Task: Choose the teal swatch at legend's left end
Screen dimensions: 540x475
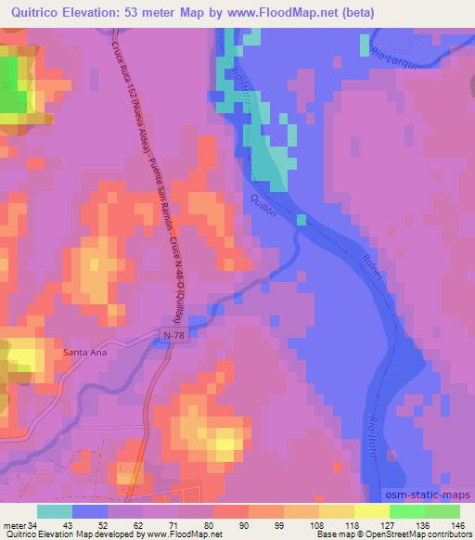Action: click(x=55, y=511)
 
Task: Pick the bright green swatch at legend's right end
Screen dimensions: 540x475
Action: click(x=442, y=511)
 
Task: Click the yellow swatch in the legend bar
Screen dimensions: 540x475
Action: click(x=371, y=511)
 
